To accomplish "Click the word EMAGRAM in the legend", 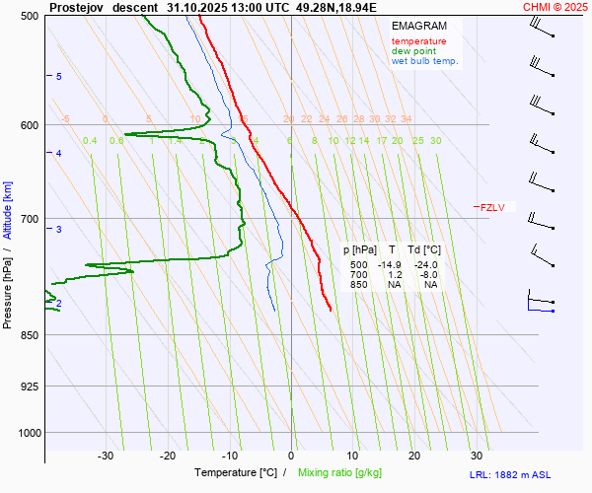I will [418, 26].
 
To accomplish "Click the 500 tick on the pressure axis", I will [30, 16].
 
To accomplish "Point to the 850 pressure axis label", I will [30, 335].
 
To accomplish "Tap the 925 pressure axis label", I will [30, 386].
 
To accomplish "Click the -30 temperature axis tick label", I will [106, 456].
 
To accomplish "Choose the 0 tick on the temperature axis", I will [291, 456].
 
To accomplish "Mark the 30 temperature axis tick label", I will [477, 456].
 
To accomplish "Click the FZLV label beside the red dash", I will [492, 207].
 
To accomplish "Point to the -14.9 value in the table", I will [394, 265].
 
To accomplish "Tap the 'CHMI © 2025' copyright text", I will [556, 7].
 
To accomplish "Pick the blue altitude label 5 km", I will [59, 76].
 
